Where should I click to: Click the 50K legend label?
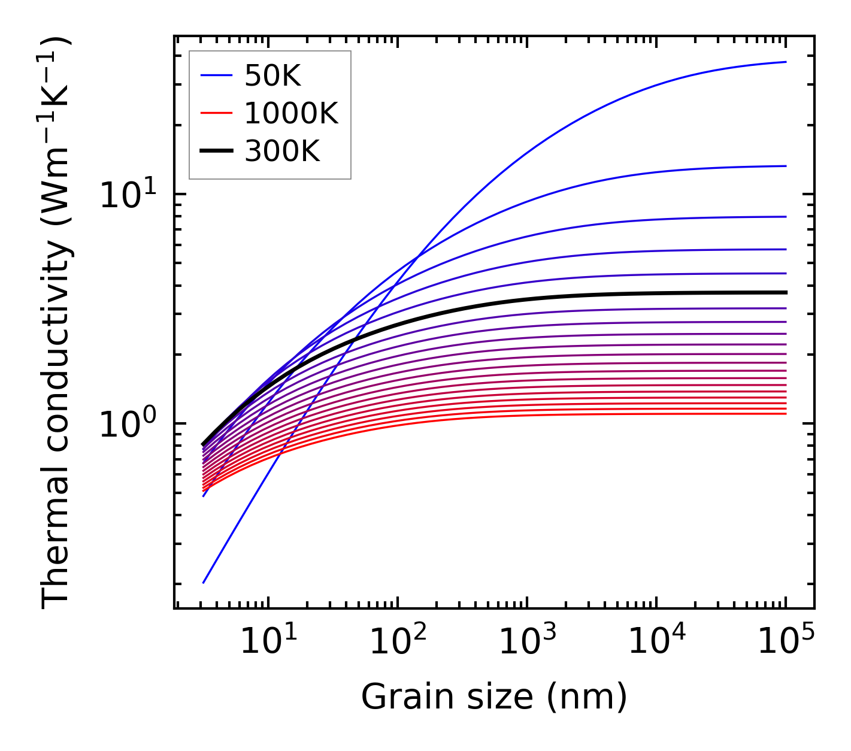click(x=272, y=75)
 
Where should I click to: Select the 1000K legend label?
click(x=291, y=113)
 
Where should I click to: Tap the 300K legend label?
click(x=282, y=152)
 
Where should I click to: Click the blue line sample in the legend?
click(x=216, y=75)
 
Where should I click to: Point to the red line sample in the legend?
click(x=216, y=113)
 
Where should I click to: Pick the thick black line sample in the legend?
click(x=216, y=152)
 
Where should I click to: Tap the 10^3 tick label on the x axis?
click(x=527, y=643)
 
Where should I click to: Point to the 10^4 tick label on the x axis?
click(x=656, y=643)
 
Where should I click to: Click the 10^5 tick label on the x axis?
click(x=786, y=643)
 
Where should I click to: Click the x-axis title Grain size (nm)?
click(x=494, y=697)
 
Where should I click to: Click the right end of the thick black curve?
click(x=786, y=292)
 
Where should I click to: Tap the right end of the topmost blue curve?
click(x=786, y=62)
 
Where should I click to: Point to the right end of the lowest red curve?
click(x=786, y=414)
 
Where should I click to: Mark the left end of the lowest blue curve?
click(x=204, y=583)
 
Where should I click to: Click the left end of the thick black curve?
click(x=204, y=445)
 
